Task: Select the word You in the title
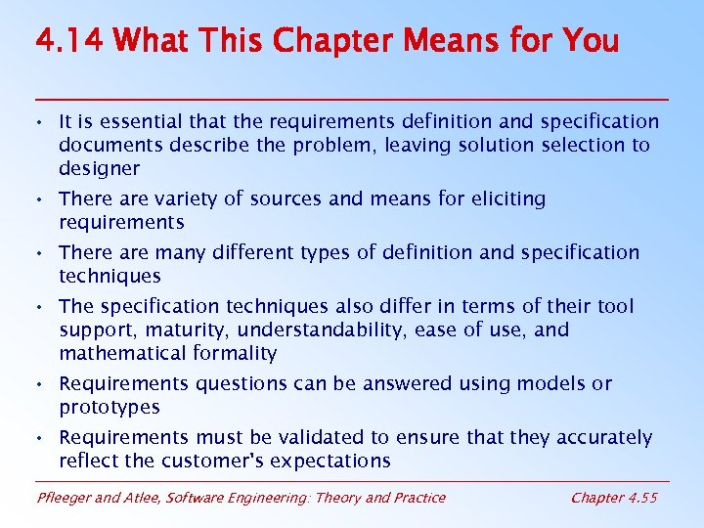pos(591,41)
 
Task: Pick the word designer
pos(99,169)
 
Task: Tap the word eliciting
pos(507,199)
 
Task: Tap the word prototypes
pos(110,408)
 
